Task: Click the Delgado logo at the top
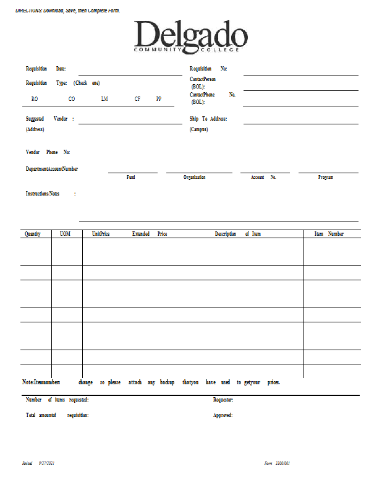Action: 190,37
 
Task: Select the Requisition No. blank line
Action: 300,73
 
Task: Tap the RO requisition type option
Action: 35,99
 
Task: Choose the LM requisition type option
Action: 104,99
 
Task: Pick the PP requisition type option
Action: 159,99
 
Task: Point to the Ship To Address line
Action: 300,123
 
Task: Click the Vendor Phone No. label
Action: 48,152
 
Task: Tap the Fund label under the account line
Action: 131,178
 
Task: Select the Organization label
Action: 195,178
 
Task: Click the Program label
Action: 326,178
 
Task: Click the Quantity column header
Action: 33,234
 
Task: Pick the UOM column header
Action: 66,234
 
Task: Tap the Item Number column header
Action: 329,234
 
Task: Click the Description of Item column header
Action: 238,234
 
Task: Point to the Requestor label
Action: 223,400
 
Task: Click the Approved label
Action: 223,415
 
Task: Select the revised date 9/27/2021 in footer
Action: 47,463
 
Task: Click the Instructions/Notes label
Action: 43,194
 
